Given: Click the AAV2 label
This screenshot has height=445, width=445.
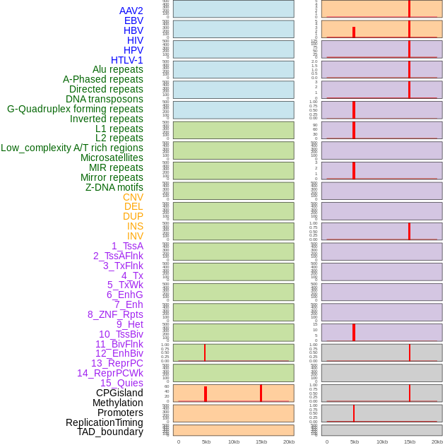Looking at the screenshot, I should coord(131,11).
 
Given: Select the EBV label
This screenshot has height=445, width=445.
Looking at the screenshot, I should coord(133,20).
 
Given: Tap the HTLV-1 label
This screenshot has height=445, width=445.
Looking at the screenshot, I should coord(127,60).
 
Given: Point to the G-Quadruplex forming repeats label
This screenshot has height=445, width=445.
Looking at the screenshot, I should coord(75,109).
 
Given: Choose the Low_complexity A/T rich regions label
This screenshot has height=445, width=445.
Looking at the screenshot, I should coord(72,148).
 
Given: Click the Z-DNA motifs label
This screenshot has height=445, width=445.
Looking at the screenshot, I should coord(114,187).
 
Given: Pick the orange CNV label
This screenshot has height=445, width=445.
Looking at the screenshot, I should coord(133,197).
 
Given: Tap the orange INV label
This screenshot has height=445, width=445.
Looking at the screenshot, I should coord(135,236).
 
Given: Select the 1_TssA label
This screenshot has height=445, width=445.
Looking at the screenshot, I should coord(127,246).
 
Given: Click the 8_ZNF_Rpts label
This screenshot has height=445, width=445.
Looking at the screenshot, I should coord(115,314).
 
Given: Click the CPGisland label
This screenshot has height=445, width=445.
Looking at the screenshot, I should coord(119,393).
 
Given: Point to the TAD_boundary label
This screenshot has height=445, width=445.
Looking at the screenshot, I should coord(110,432).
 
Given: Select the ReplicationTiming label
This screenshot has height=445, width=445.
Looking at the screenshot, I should coord(105,422).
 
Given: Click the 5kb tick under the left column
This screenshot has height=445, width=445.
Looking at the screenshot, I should coord(206,441).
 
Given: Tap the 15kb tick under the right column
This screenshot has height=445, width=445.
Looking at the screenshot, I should coord(410,441).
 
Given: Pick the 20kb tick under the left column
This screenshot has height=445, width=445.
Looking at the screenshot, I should coord(289,441).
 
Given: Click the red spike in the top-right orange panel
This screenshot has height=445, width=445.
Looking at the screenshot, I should coord(409,8).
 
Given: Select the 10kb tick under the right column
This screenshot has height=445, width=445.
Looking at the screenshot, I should coord(382,441).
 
